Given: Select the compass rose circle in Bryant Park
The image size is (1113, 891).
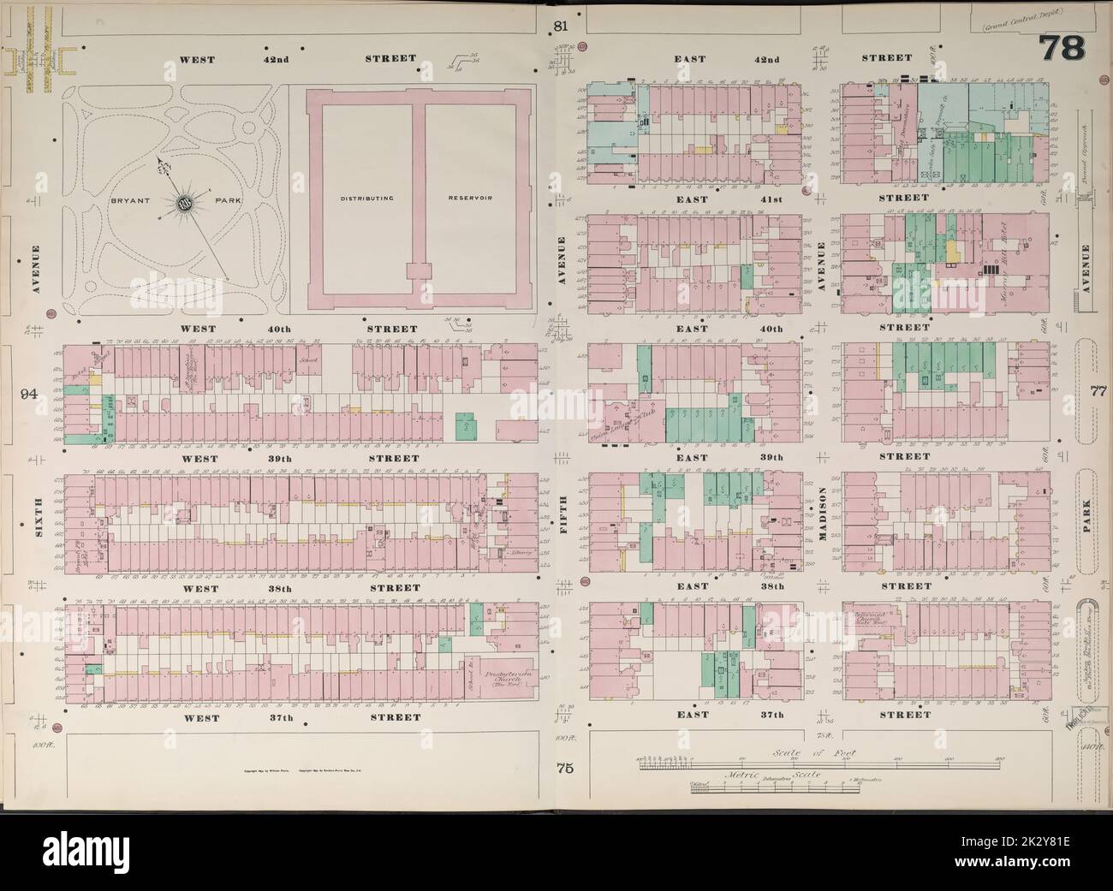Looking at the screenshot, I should (183, 204).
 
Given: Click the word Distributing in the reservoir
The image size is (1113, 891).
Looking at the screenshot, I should (366, 198).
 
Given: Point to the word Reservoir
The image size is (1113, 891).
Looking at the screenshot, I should (468, 198).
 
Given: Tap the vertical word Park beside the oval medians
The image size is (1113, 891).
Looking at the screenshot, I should (1086, 513).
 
